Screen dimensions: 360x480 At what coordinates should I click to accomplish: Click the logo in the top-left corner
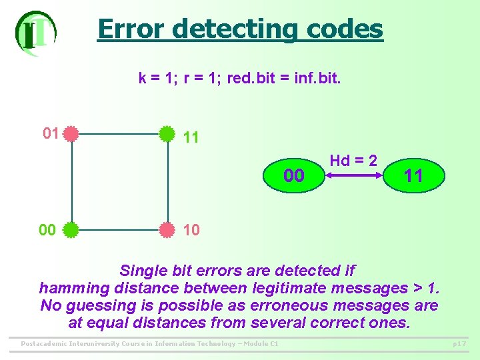(x=35, y=33)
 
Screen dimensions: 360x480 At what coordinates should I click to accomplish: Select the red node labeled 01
(x=71, y=133)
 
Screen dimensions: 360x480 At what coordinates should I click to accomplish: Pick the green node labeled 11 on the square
(x=167, y=133)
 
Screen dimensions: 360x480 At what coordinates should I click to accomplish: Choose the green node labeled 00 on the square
(x=71, y=230)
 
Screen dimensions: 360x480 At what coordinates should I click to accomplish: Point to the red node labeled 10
(x=167, y=230)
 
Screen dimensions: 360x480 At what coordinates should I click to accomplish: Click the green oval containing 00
(x=294, y=176)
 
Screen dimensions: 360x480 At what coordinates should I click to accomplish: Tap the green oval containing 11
(x=413, y=176)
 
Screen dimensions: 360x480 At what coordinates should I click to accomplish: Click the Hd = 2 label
(x=353, y=161)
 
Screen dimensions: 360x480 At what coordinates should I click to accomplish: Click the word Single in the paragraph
(x=142, y=271)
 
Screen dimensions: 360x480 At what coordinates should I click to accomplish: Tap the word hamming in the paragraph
(x=73, y=288)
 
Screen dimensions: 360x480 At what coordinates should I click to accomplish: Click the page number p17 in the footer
(x=459, y=344)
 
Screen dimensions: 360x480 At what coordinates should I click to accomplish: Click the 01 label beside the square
(x=51, y=133)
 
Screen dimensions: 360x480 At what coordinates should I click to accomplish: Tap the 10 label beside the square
(x=191, y=230)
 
